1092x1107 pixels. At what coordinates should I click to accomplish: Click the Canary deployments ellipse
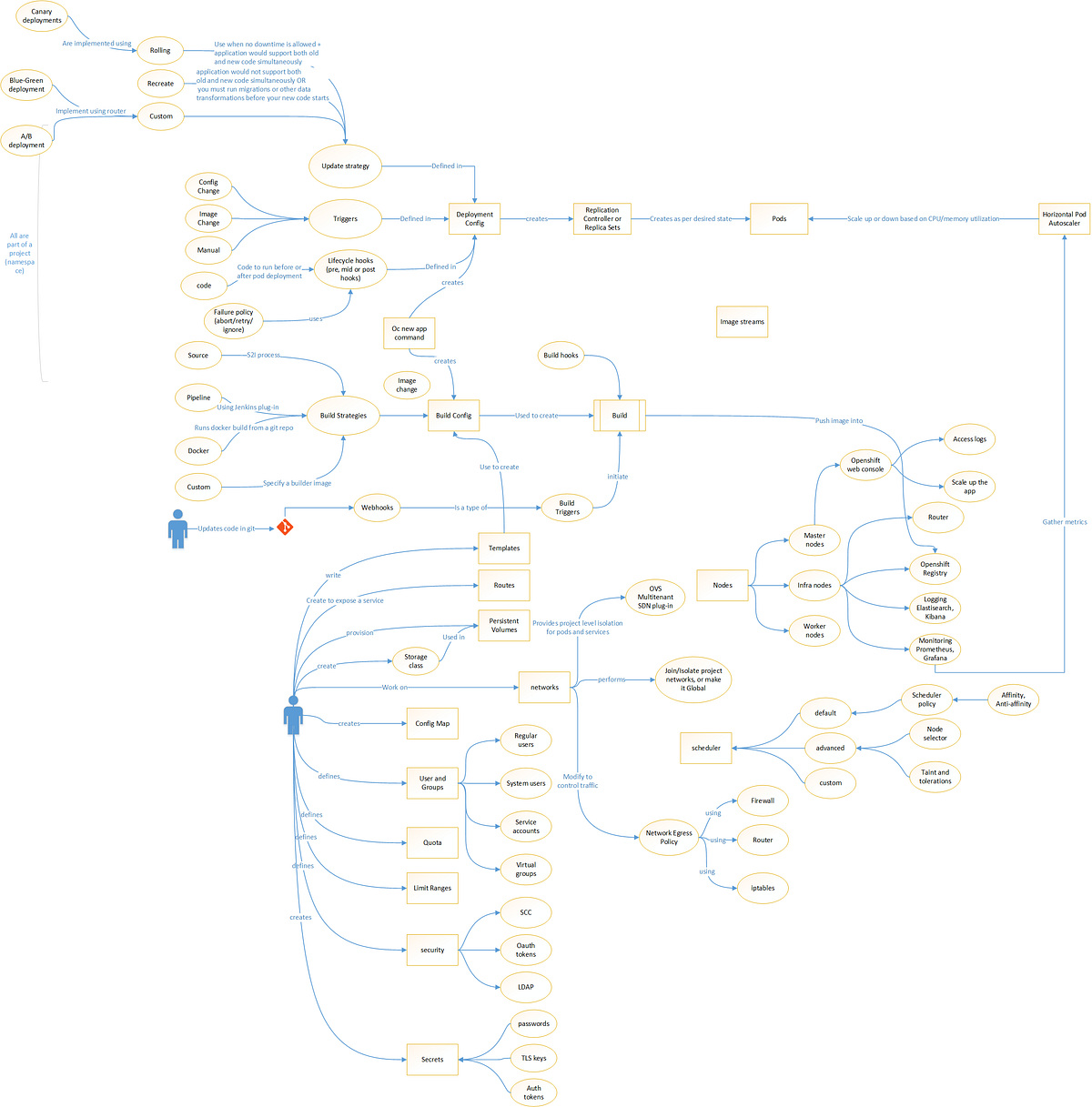click(x=42, y=16)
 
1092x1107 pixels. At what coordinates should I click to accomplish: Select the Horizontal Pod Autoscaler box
click(x=1064, y=219)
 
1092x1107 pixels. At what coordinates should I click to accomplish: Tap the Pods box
click(x=779, y=219)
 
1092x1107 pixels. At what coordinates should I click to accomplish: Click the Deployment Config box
click(x=474, y=219)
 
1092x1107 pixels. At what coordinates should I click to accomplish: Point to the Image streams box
click(x=742, y=322)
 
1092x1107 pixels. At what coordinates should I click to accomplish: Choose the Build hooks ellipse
click(x=561, y=356)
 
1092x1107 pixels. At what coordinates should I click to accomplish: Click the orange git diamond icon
click(x=285, y=527)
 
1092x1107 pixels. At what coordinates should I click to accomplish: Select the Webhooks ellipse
click(x=377, y=508)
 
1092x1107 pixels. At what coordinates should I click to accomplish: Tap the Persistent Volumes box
click(x=503, y=626)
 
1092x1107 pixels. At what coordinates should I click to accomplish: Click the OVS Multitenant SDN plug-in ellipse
click(x=655, y=598)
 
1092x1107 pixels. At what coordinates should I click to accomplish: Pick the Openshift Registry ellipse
click(x=935, y=569)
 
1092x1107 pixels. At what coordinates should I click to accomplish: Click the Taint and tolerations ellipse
click(x=935, y=776)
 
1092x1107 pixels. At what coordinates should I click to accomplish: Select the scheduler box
click(x=705, y=748)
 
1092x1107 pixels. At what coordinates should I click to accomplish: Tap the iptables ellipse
click(x=763, y=888)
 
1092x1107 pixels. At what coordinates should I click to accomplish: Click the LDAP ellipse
click(x=526, y=987)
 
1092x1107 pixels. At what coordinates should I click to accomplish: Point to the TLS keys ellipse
click(x=533, y=1058)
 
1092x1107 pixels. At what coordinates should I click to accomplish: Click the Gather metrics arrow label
click(x=1064, y=522)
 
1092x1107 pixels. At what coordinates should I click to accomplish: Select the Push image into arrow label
click(x=838, y=421)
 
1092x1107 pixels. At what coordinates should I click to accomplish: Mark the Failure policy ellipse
click(x=233, y=321)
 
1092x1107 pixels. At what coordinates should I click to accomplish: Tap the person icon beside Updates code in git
click(x=178, y=528)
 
